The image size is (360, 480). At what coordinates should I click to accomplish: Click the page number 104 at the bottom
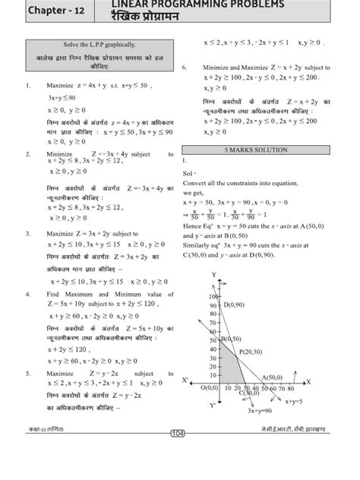click(179, 454)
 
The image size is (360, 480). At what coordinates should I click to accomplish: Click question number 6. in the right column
click(185, 68)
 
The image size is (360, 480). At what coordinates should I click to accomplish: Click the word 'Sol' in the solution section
click(188, 174)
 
